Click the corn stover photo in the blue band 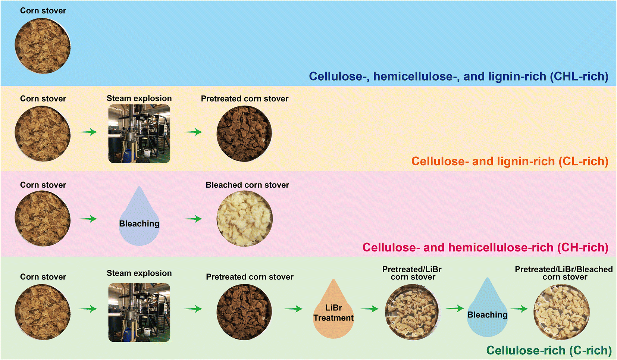(43, 46)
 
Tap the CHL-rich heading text (458, 76)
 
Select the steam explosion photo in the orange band (139, 134)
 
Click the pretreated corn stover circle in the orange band (244, 134)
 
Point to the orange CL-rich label (510, 162)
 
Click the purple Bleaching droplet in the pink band (139, 216)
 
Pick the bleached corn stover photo (245, 219)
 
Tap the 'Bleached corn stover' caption (247, 185)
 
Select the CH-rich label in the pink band (485, 247)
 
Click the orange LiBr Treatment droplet (333, 309)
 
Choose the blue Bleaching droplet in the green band (487, 307)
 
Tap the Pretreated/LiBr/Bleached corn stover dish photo (562, 312)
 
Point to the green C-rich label (549, 350)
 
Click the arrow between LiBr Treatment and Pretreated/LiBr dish (369, 309)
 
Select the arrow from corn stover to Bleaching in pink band (88, 219)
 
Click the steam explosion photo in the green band (139, 313)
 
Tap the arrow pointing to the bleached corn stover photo (193, 219)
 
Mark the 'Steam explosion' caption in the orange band (139, 98)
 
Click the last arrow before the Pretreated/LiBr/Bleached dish (519, 309)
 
